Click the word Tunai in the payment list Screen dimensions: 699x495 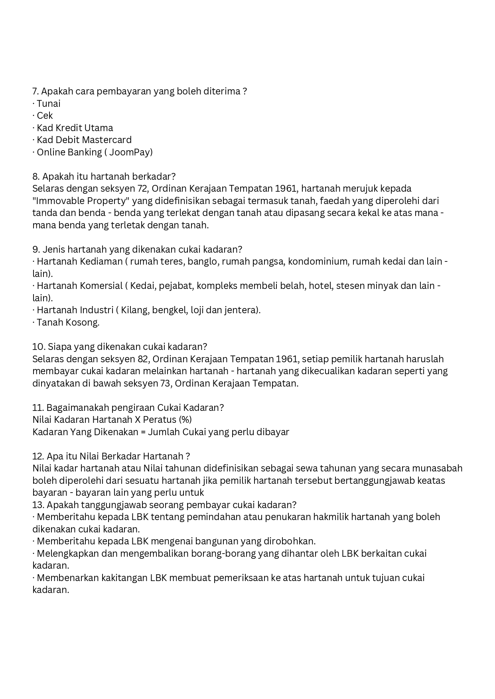tap(49, 104)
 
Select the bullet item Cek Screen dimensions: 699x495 tap(45, 116)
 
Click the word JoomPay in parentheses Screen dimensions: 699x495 tap(130, 152)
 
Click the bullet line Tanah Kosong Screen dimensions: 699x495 tap(68, 322)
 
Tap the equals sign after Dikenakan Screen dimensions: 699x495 tap(143, 432)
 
